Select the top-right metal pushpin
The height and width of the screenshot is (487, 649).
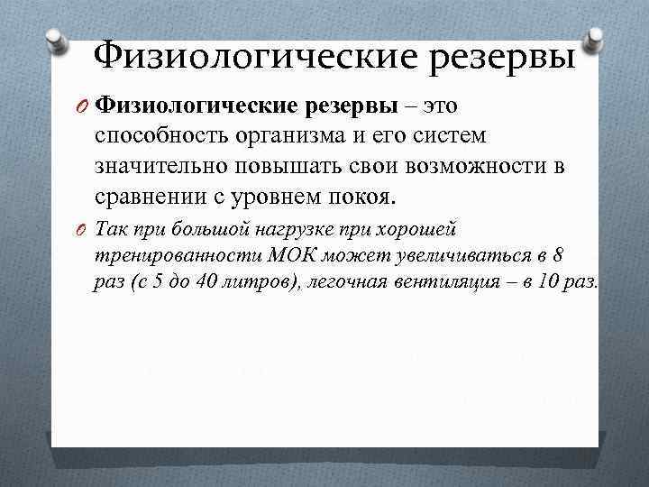(x=593, y=38)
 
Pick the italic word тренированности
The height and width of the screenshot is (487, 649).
(x=162, y=255)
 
